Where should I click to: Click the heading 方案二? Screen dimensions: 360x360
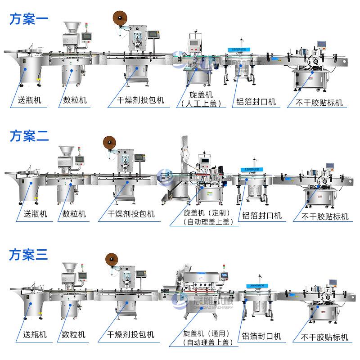pos(29,135)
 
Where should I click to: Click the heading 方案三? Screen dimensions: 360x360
pos(29,255)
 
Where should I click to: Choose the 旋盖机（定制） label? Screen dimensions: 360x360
pos(205,212)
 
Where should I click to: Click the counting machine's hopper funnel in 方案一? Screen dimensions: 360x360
pos(72,28)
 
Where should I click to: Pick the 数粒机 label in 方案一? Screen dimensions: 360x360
pos(72,100)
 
